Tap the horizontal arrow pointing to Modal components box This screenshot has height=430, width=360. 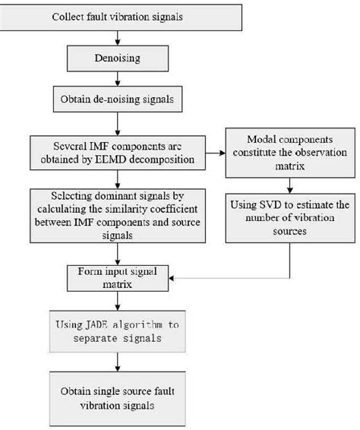216,152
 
